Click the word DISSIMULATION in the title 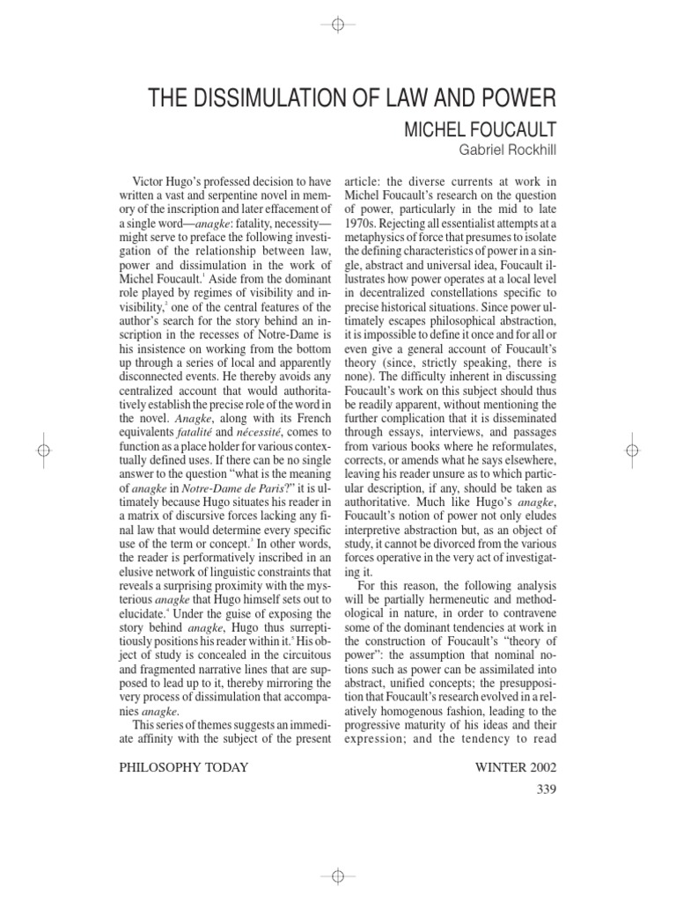[x=261, y=97]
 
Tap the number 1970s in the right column [x=361, y=239]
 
